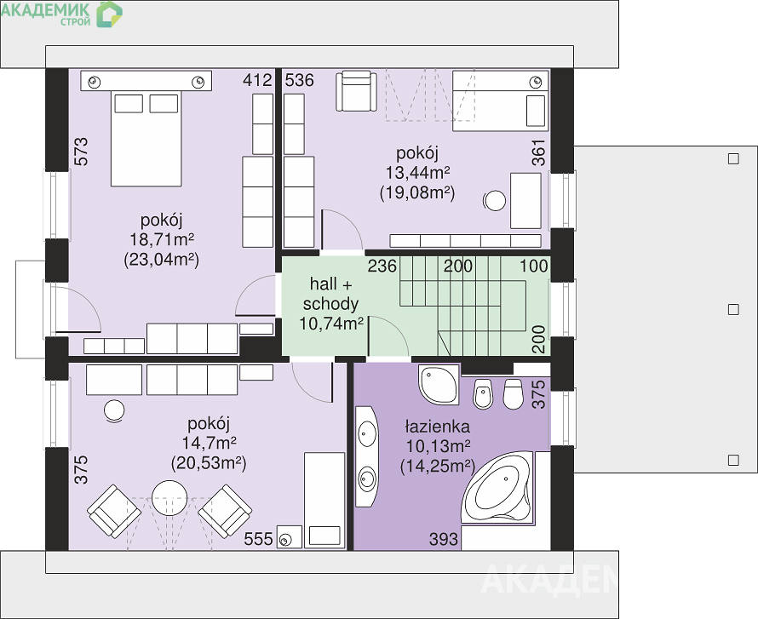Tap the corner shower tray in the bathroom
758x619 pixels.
click(439, 385)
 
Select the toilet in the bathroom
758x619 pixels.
click(513, 394)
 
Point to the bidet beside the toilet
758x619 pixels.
click(482, 394)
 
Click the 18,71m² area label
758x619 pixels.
click(162, 239)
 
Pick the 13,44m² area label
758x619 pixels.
click(417, 173)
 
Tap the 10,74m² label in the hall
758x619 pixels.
click(331, 324)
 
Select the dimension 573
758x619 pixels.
click(82, 152)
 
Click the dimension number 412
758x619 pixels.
click(258, 80)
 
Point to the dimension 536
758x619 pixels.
click(299, 80)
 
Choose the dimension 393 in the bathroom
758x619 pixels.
click(443, 539)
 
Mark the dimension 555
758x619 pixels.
click(258, 539)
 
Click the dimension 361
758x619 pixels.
click(538, 152)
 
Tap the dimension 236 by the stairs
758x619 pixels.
click(382, 266)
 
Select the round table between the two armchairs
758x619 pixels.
click(169, 497)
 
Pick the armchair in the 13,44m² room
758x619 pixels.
click(356, 91)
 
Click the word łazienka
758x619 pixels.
click(437, 427)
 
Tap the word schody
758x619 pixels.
click(331, 304)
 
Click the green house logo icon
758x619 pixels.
click(109, 14)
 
